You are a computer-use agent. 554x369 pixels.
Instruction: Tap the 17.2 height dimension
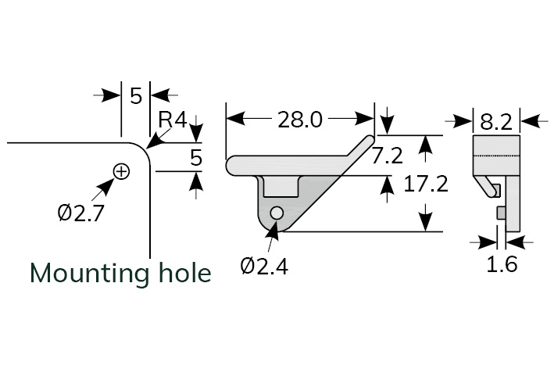coord(425,184)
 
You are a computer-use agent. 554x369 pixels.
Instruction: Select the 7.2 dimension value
coord(387,156)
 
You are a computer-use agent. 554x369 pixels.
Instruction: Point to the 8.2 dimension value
coord(496,121)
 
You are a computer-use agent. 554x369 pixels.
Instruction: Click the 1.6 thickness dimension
coord(502,264)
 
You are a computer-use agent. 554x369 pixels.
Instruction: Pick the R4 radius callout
coord(172,120)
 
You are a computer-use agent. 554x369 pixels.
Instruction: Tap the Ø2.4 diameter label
coord(264,267)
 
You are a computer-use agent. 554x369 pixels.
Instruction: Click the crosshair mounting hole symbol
coord(121,171)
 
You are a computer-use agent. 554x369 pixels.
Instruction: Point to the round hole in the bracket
coord(276,212)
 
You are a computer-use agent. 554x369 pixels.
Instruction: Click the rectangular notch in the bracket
coord(281,187)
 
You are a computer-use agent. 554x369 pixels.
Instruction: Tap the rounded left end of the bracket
coord(232,166)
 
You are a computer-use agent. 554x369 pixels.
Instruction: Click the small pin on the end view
coord(501,213)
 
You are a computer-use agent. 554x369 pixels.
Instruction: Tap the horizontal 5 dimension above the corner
coord(135,95)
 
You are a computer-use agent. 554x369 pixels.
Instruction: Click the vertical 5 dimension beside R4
coord(196,158)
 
